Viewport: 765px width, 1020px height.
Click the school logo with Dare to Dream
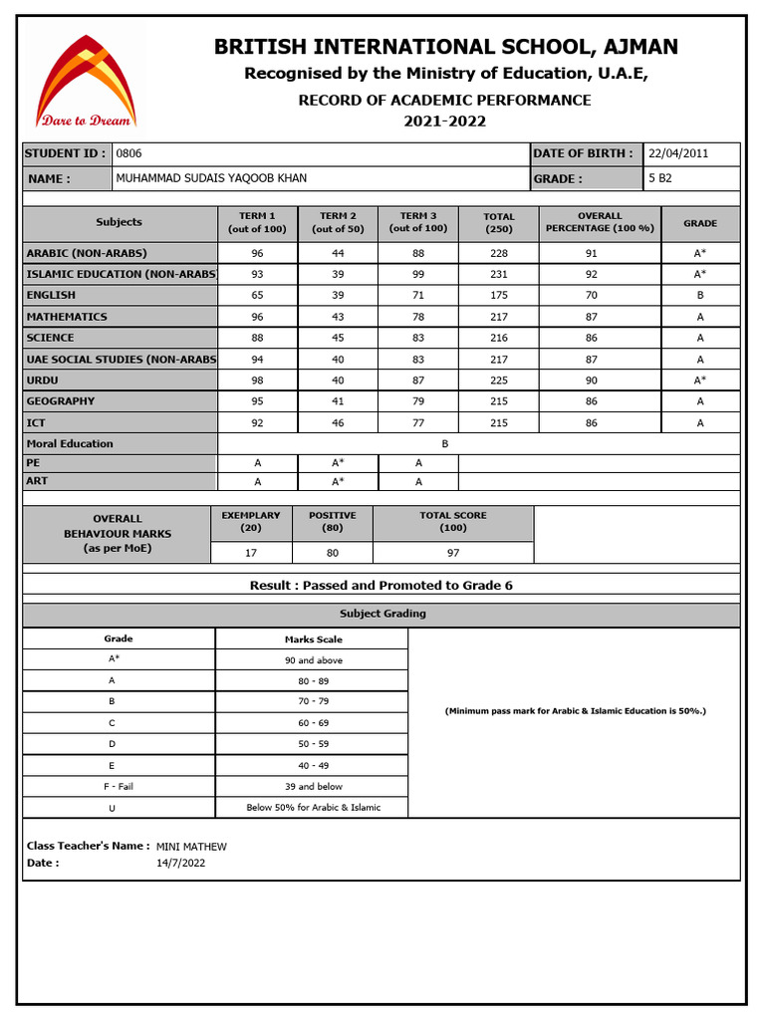click(86, 81)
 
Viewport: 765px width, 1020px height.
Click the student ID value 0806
click(129, 153)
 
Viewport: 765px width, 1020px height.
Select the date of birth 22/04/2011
click(677, 153)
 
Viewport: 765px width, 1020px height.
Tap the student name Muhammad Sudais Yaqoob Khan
click(211, 178)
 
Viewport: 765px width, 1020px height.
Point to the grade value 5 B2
click(660, 178)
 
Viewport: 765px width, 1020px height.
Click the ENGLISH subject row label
click(51, 295)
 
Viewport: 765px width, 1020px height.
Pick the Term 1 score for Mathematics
click(257, 317)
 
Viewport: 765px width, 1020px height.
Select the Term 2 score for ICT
click(338, 422)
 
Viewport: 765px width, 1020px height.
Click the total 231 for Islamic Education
click(499, 274)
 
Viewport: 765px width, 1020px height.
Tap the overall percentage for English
click(592, 295)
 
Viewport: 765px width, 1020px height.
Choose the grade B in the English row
click(699, 295)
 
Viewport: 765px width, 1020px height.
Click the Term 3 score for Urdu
click(418, 380)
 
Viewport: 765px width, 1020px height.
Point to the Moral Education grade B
click(445, 444)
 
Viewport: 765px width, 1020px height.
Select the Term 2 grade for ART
click(338, 481)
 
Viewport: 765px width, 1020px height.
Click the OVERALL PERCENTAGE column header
click(599, 222)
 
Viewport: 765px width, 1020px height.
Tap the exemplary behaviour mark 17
click(251, 552)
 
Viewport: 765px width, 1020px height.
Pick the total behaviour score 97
click(453, 552)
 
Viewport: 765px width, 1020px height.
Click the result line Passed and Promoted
click(382, 586)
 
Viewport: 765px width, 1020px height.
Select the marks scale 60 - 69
click(313, 722)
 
